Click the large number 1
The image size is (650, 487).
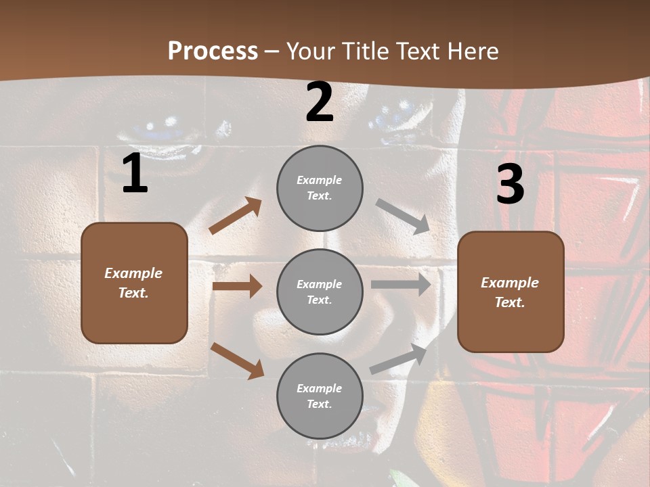(135, 174)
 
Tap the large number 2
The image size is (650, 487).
(320, 102)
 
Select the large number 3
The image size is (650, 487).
(510, 185)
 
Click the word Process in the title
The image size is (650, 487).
(213, 51)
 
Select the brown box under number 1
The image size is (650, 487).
(134, 283)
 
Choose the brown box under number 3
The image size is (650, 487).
(511, 292)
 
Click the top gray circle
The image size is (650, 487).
(320, 188)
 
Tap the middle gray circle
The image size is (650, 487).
(320, 292)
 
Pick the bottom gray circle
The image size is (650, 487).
(320, 396)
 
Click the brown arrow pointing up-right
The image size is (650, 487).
(236, 216)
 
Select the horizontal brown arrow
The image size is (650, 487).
(237, 286)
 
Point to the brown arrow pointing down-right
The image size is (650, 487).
(238, 360)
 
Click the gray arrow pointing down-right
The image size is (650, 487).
(403, 216)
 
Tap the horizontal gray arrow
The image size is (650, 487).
(401, 285)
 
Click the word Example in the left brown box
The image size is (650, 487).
(133, 273)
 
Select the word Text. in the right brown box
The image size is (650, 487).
(510, 302)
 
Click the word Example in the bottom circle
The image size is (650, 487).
(320, 388)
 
